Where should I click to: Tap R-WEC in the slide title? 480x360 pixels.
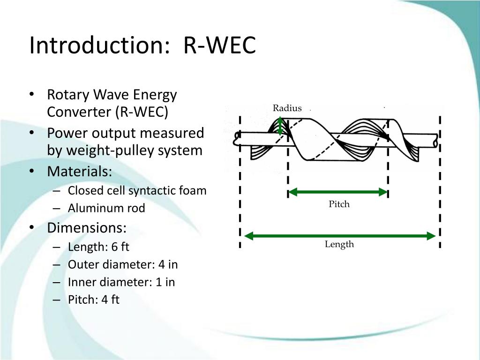tap(219, 45)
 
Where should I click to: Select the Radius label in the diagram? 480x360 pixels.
tap(287, 108)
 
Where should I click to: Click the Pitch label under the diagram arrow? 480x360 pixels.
tap(339, 204)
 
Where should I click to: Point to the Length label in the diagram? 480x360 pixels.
tap(339, 244)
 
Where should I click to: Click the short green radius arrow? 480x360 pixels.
tap(280, 126)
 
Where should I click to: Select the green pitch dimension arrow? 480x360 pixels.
tap(338, 192)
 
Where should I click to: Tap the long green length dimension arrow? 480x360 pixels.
tap(340, 236)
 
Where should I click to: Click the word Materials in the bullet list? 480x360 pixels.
tap(79, 172)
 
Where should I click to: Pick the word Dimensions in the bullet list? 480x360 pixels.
tap(87, 228)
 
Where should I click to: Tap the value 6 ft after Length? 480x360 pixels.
tap(120, 247)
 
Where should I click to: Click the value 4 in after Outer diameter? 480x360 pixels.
tap(168, 264)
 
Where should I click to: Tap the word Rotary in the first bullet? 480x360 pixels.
tap(68, 95)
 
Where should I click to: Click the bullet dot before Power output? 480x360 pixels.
tap(31, 133)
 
